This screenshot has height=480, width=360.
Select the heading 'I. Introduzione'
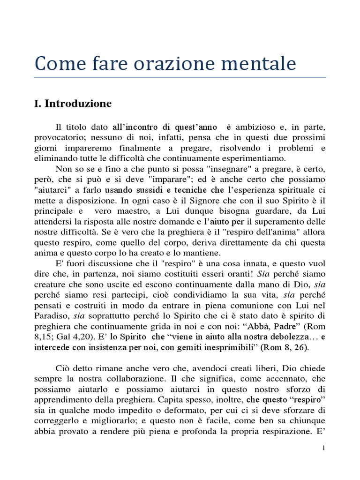(x=73, y=104)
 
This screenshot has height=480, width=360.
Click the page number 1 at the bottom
(x=323, y=448)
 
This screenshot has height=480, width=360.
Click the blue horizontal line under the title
(x=180, y=77)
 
